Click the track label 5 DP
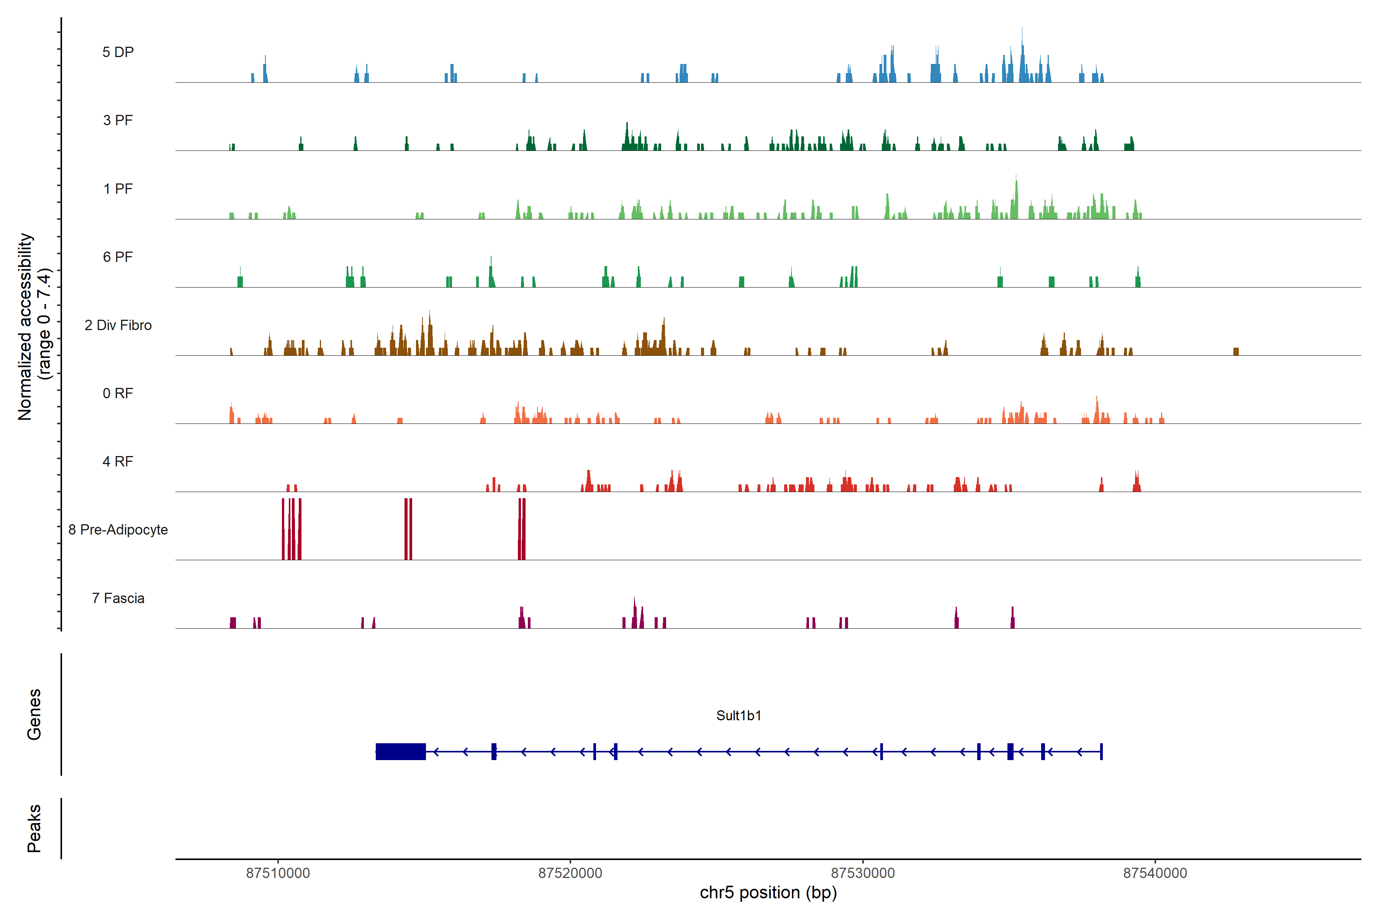click(118, 52)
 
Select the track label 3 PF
click(118, 120)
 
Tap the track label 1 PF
click(118, 189)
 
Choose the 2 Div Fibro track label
click(118, 325)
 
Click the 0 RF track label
click(118, 393)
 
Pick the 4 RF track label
click(118, 461)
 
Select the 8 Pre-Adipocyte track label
click(118, 530)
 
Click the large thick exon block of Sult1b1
click(400, 751)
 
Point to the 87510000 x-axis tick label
click(278, 873)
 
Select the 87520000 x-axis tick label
click(570, 873)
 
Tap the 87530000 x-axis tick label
click(863, 873)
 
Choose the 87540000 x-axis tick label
click(1155, 873)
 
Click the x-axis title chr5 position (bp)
click(768, 893)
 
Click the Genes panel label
click(34, 715)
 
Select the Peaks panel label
click(34, 828)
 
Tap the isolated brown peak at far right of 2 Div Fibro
click(1236, 351)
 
